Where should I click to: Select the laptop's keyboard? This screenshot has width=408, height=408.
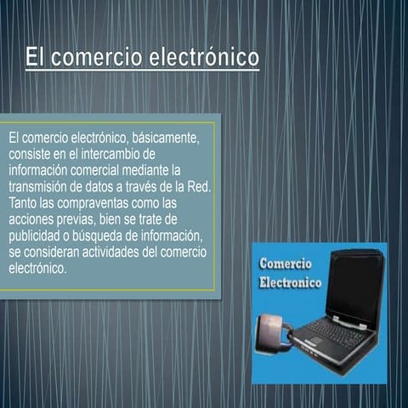pos(336,336)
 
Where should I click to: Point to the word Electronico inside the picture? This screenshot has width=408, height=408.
pos(291,282)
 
